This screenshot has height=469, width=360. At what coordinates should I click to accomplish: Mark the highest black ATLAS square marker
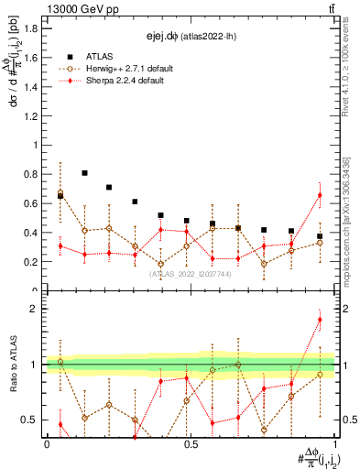[x=84, y=172]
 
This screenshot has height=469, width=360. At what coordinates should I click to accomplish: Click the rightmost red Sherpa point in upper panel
[x=320, y=195]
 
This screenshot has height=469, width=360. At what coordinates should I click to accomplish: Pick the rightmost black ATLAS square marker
[x=320, y=236]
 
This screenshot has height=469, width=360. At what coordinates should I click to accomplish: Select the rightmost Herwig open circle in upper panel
[x=320, y=243]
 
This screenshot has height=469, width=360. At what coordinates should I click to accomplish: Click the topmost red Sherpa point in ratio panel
[x=320, y=320]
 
